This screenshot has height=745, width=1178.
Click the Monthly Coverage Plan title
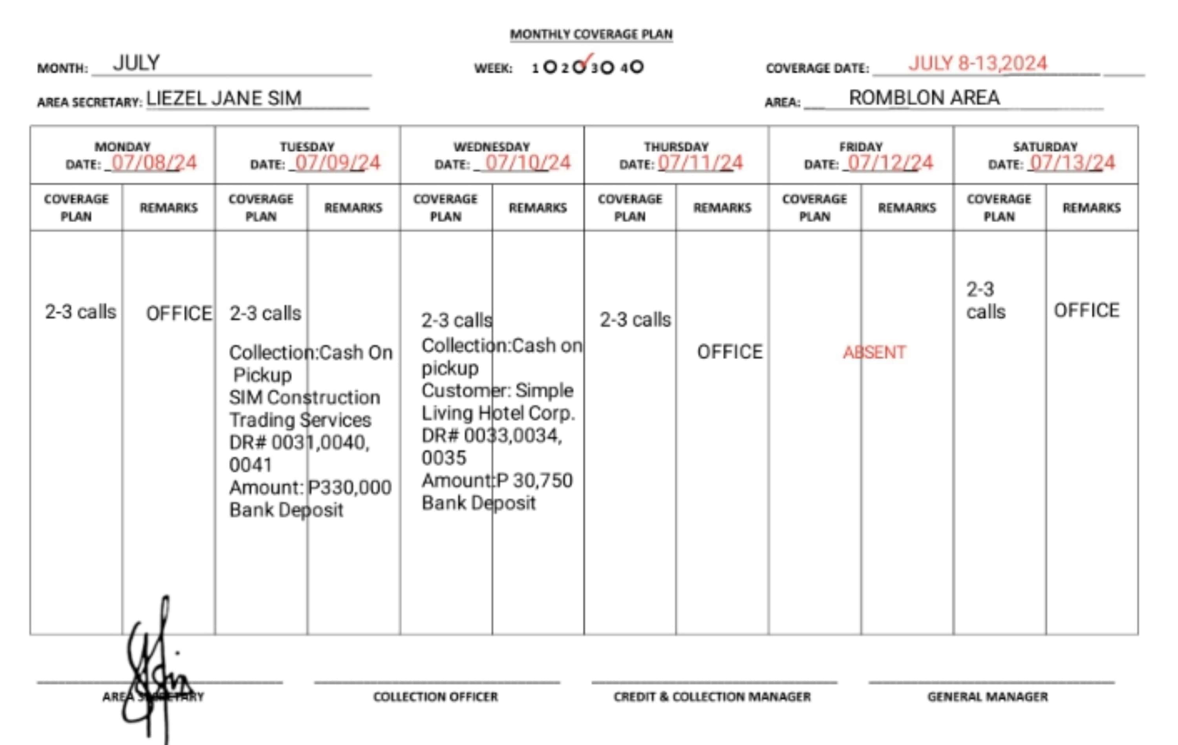pyautogui.click(x=591, y=34)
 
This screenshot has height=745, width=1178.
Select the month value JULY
pyautogui.click(x=136, y=63)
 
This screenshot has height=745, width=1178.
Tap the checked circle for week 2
pyautogui.click(x=579, y=67)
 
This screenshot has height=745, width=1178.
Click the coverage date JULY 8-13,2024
pyautogui.click(x=977, y=64)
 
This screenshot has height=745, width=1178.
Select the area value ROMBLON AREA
pyautogui.click(x=924, y=98)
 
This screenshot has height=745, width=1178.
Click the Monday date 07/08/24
pyautogui.click(x=154, y=163)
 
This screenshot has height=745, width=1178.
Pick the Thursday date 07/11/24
pyautogui.click(x=700, y=163)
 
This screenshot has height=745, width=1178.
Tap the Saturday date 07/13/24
pyautogui.click(x=1072, y=163)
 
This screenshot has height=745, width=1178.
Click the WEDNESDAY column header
pyautogui.click(x=492, y=146)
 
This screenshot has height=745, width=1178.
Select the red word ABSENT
pyautogui.click(x=874, y=352)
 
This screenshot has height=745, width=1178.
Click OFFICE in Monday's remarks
pyautogui.click(x=179, y=313)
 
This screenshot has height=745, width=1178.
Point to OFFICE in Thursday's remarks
pyautogui.click(x=730, y=352)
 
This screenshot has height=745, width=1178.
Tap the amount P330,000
pyautogui.click(x=350, y=487)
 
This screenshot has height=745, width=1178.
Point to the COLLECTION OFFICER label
pyautogui.click(x=435, y=697)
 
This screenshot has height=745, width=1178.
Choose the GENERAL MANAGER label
pyautogui.click(x=987, y=697)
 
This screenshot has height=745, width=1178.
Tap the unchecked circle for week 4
pyautogui.click(x=637, y=67)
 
